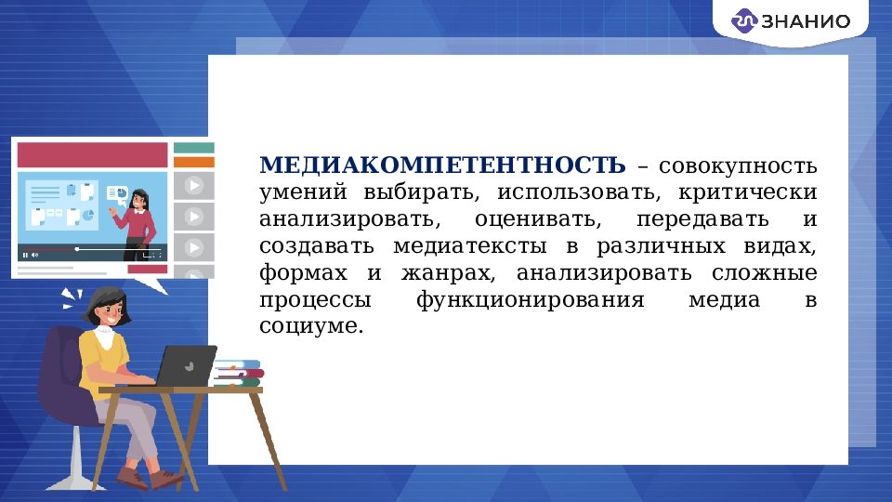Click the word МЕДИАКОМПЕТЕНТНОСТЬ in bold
[x=442, y=166]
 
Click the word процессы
[x=315, y=301]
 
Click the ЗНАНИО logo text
[x=807, y=21]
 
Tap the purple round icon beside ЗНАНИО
[x=744, y=21]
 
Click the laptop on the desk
[x=186, y=366]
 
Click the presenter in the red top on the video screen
[x=140, y=218]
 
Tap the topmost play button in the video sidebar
[x=193, y=185]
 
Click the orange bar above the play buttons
[x=193, y=162]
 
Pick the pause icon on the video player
[x=25, y=254]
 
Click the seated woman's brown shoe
[x=167, y=479]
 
